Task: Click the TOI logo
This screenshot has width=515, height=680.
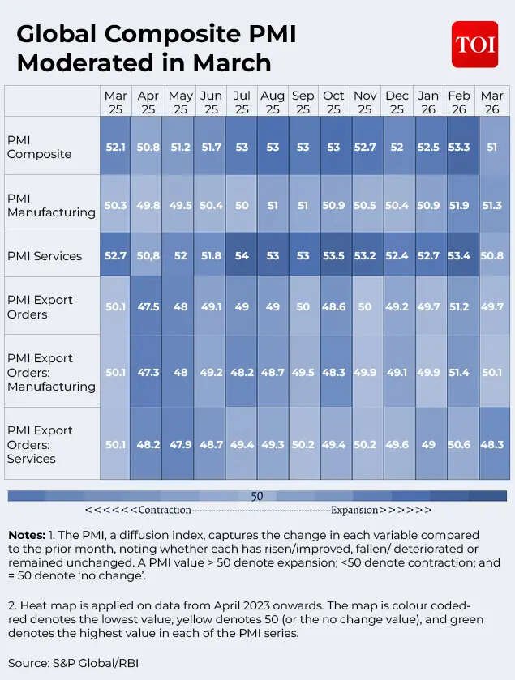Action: tap(474, 45)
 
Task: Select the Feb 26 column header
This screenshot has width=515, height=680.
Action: tap(459, 102)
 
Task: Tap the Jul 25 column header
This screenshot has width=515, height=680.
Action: tap(242, 102)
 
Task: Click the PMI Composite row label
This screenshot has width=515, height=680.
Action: tap(39, 147)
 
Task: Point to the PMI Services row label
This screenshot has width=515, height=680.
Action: tap(45, 256)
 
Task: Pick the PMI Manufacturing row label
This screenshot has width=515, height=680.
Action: tap(51, 205)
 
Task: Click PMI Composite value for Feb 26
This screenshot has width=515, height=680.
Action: tap(459, 147)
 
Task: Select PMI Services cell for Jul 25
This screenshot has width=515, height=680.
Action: tap(242, 256)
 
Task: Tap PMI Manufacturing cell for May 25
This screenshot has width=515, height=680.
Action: tap(180, 205)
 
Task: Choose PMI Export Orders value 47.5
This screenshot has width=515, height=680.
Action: tap(148, 307)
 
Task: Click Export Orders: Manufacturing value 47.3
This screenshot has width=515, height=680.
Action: tap(148, 372)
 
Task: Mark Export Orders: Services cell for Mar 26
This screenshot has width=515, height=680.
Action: tap(492, 444)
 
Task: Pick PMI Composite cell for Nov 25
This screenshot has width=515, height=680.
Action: tap(365, 147)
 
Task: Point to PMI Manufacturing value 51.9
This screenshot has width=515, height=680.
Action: tap(459, 205)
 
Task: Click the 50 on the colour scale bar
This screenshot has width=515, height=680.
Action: tap(257, 496)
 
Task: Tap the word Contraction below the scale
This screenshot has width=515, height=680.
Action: tap(165, 511)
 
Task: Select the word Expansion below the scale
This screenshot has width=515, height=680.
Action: tap(354, 511)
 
